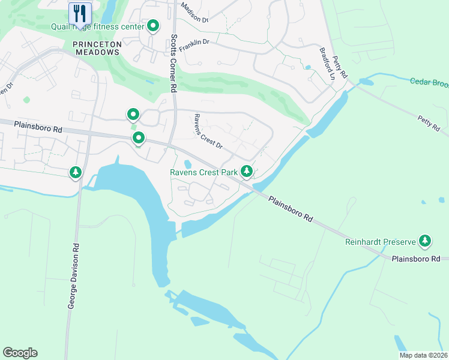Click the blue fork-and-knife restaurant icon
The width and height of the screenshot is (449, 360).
(x=80, y=13)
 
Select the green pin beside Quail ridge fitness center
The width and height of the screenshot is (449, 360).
(x=153, y=26)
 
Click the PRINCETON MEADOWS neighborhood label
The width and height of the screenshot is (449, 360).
(x=97, y=48)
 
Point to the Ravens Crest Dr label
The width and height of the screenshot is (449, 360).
(x=208, y=131)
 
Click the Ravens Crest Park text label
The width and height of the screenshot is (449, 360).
(x=204, y=172)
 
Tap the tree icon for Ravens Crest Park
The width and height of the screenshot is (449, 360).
(x=246, y=172)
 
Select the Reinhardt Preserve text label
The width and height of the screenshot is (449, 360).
(x=381, y=242)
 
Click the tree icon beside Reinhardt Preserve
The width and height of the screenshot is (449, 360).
(x=425, y=241)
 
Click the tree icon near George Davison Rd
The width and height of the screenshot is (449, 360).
(x=76, y=173)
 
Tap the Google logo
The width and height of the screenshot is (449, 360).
(x=20, y=352)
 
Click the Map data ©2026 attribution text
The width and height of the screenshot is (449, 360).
(x=423, y=355)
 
